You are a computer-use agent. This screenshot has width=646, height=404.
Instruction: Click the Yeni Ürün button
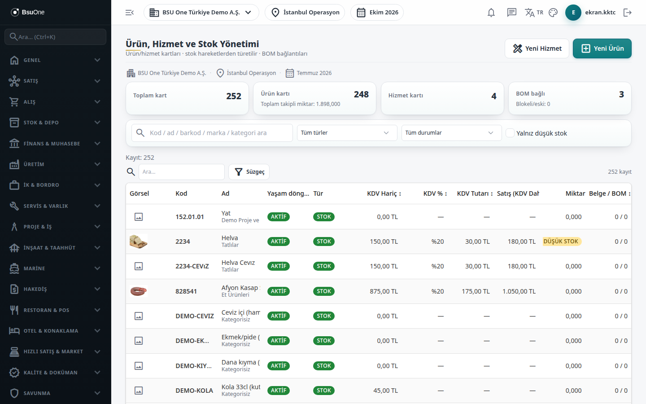(602, 48)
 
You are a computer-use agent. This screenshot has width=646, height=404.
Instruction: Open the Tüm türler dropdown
(347, 133)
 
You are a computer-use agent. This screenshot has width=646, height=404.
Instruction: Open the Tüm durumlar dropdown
(451, 133)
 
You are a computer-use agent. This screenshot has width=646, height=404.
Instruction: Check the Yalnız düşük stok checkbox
(510, 133)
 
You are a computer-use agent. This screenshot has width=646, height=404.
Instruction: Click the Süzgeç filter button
(249, 172)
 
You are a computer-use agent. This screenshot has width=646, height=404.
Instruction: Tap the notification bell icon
(491, 13)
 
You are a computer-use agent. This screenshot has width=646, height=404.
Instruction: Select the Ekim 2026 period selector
(377, 13)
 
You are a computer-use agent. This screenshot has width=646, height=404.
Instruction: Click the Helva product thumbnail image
(139, 242)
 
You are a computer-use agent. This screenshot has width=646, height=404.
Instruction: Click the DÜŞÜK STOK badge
(562, 242)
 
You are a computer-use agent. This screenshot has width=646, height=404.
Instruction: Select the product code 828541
(186, 291)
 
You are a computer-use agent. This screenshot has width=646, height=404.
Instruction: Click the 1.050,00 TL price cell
(519, 291)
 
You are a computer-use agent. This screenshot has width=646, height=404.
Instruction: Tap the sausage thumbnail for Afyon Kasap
(139, 291)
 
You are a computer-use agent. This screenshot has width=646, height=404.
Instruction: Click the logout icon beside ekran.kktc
(628, 13)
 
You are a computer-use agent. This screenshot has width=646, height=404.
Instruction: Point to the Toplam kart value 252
(234, 96)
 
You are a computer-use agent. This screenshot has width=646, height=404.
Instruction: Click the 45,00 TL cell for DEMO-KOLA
(386, 391)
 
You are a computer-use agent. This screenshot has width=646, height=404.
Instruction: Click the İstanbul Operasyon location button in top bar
(305, 13)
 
